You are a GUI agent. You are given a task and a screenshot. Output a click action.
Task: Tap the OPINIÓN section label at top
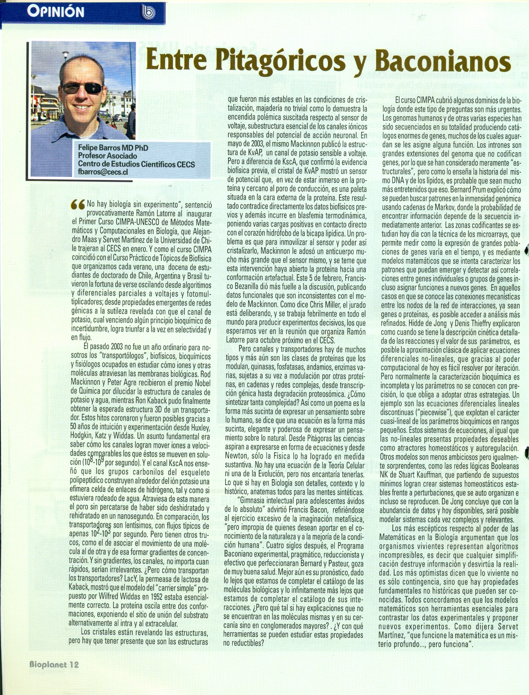(56, 12)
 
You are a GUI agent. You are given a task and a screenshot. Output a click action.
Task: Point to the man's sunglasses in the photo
(82, 88)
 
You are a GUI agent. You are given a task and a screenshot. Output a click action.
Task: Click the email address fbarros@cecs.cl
(103, 172)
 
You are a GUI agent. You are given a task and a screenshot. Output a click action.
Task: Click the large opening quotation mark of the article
(78, 205)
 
